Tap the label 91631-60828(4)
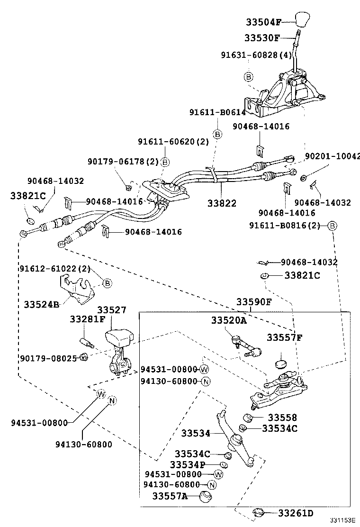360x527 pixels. point(256,55)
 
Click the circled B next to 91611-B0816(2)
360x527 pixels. point(332,226)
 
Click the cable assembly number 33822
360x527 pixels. point(222,203)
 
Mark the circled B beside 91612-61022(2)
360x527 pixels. point(107,283)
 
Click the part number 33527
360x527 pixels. point(112,310)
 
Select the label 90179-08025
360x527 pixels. point(48,358)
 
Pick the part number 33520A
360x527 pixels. point(229,321)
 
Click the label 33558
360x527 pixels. point(282,418)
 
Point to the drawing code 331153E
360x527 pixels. point(342,521)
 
